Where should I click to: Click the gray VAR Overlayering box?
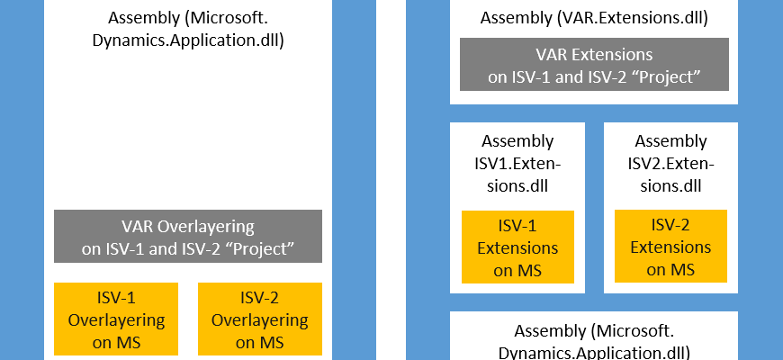click(188, 236)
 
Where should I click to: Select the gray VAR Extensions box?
click(594, 65)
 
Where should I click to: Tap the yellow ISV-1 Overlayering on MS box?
click(116, 319)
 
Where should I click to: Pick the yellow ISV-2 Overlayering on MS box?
click(260, 319)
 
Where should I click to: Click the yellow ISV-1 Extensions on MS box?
click(517, 247)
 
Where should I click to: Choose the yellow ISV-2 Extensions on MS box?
click(670, 247)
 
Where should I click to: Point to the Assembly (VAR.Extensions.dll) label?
click(594, 18)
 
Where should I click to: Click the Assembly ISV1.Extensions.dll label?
click(517, 163)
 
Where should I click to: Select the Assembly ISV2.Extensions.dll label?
click(670, 163)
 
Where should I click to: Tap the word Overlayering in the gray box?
click(206, 227)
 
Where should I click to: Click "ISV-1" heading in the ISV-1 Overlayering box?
click(116, 298)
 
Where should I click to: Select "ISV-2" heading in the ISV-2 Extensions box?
click(670, 225)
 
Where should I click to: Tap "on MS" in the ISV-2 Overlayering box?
click(260, 342)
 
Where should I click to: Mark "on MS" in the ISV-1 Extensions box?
click(517, 271)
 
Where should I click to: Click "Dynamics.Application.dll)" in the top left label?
click(188, 40)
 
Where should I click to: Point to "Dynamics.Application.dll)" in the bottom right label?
click(594, 353)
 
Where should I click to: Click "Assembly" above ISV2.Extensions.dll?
click(670, 142)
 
